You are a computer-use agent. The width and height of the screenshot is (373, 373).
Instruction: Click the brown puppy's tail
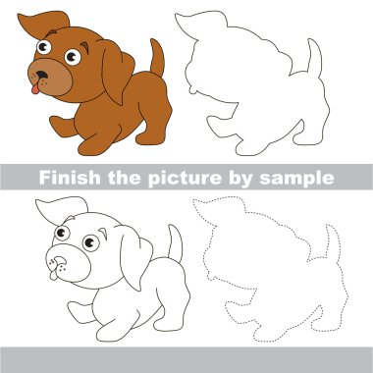pyautogui.click(x=155, y=58)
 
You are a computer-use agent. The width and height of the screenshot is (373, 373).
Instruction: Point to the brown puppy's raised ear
pyautogui.click(x=49, y=22)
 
